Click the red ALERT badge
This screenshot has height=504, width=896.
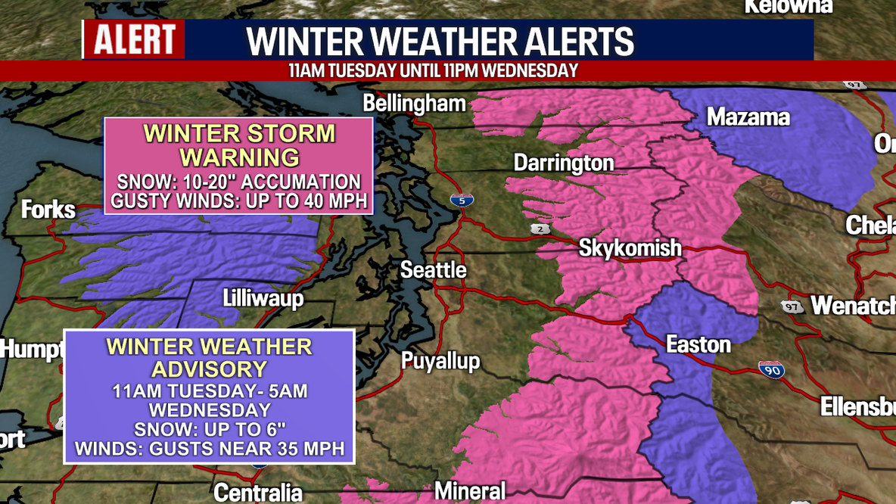(x=134, y=39)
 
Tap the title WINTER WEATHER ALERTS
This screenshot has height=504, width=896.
(x=440, y=42)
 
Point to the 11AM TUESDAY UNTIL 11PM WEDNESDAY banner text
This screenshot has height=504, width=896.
(x=433, y=71)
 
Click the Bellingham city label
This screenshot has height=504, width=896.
(x=414, y=104)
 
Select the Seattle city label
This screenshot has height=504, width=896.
(x=433, y=270)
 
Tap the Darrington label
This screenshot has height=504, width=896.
(x=563, y=163)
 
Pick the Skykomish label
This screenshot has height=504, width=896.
(x=630, y=247)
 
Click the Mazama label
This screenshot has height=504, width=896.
(x=748, y=117)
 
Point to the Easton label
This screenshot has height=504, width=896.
(x=698, y=345)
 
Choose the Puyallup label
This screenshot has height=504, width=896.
(x=440, y=361)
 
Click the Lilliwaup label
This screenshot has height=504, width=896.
(x=263, y=298)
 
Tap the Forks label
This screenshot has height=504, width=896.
(x=48, y=210)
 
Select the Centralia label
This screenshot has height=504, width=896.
(x=258, y=493)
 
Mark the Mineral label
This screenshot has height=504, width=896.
(x=470, y=492)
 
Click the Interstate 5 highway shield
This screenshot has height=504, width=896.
(x=462, y=201)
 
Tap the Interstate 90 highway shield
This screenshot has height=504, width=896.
(x=771, y=369)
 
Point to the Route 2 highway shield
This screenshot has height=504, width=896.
(x=540, y=229)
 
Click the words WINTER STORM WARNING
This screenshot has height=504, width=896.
(x=239, y=145)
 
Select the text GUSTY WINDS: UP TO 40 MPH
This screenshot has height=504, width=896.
(x=238, y=201)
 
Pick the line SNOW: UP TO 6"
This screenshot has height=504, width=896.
(x=210, y=429)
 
